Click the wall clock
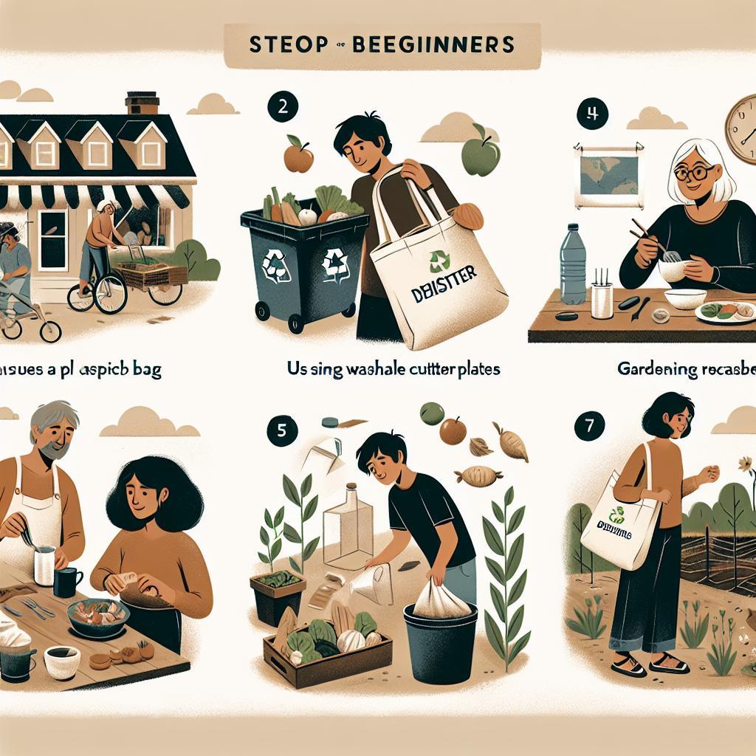(x=740, y=131)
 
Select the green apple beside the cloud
(x=481, y=154)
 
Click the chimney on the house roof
(x=142, y=103)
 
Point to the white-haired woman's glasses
(x=694, y=173)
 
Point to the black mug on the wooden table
(x=67, y=583)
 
